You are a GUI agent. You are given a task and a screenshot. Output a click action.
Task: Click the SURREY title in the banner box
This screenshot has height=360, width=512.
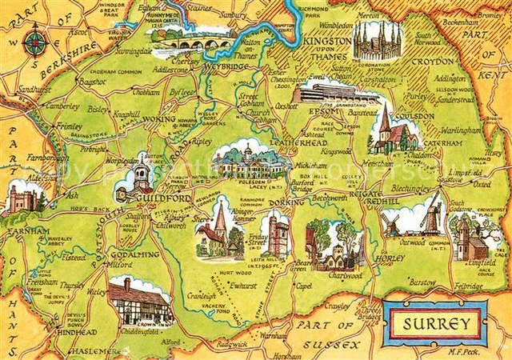click(x=434, y=323)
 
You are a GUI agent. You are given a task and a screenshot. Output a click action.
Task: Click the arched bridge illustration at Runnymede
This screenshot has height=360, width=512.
click(x=190, y=41)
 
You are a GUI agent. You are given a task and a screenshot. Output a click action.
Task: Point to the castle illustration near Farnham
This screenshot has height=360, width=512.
click(x=22, y=199)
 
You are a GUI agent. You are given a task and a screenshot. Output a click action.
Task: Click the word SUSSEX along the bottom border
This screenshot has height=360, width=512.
click(x=338, y=346)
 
